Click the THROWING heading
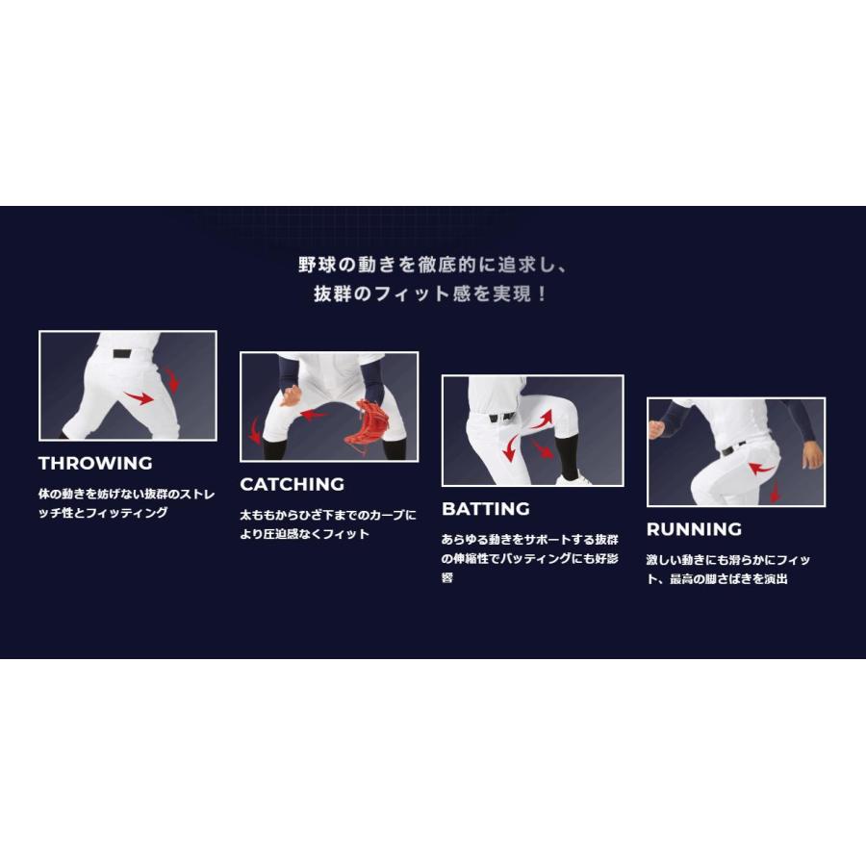pyautogui.click(x=95, y=463)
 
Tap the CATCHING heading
pyautogui.click(x=293, y=484)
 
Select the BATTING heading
pyautogui.click(x=486, y=509)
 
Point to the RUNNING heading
pyautogui.click(x=694, y=529)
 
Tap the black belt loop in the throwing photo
pyautogui.click(x=122, y=354)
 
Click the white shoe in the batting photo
pyautogui.click(x=573, y=480)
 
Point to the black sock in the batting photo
pyautogui.click(x=569, y=456)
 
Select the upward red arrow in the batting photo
pyautogui.click(x=544, y=420)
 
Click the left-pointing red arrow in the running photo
pyautogui.click(x=762, y=470)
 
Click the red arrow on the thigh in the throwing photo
pyautogui.click(x=140, y=397)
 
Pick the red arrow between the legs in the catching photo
pyautogui.click(x=314, y=414)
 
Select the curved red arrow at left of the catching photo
pyautogui.click(x=254, y=431)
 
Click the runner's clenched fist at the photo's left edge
pyautogui.click(x=656, y=430)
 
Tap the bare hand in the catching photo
pyautogui.click(x=291, y=395)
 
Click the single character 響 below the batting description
pyautogui.click(x=447, y=577)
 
